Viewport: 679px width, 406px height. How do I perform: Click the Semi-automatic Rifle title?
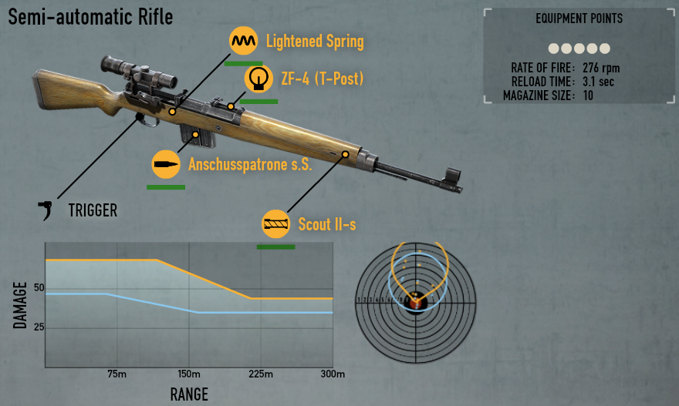(90, 16)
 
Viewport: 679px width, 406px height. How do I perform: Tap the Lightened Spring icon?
(245, 41)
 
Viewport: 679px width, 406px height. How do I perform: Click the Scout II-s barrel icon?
(276, 224)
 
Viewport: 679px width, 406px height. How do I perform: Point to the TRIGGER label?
(93, 210)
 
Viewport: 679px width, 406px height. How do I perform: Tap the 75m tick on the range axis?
(117, 374)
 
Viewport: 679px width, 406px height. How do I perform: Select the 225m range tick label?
(261, 374)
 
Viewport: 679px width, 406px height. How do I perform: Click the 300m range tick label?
(333, 374)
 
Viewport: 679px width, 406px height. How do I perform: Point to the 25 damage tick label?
(39, 327)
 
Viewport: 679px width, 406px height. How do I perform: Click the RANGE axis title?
(189, 394)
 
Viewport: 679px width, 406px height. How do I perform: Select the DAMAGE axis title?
(21, 303)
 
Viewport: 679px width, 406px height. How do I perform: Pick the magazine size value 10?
(588, 96)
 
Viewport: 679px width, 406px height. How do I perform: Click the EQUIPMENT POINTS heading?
(579, 18)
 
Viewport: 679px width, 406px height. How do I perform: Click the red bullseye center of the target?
(417, 302)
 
